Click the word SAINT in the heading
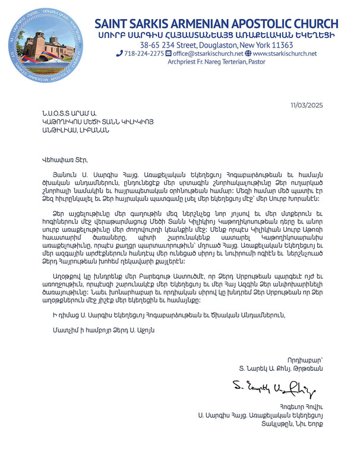coord(116,24)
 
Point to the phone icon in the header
coord(119,53)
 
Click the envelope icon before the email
coord(168,53)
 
